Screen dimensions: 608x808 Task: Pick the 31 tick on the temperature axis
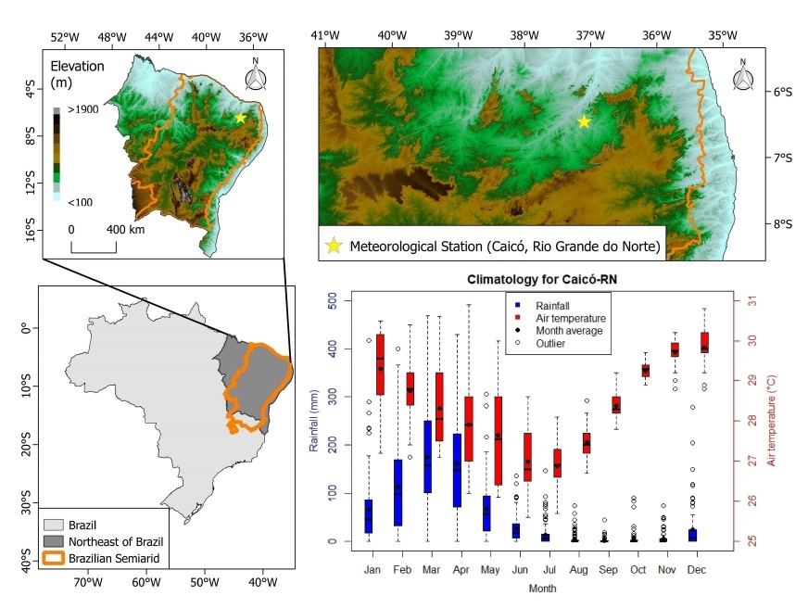(751, 301)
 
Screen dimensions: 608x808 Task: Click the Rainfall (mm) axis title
(313, 421)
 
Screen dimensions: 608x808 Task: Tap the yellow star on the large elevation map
(584, 121)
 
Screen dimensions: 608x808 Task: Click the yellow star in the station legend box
(333, 247)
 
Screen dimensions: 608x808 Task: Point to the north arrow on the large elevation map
(741, 76)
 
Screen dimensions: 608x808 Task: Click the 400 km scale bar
(94, 245)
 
